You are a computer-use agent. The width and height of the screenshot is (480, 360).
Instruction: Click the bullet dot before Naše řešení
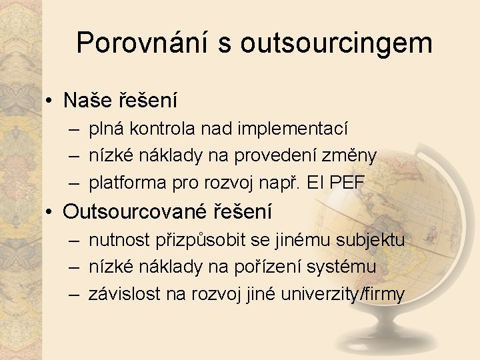coord(50,101)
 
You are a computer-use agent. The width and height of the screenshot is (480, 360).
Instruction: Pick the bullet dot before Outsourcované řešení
coord(50,213)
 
